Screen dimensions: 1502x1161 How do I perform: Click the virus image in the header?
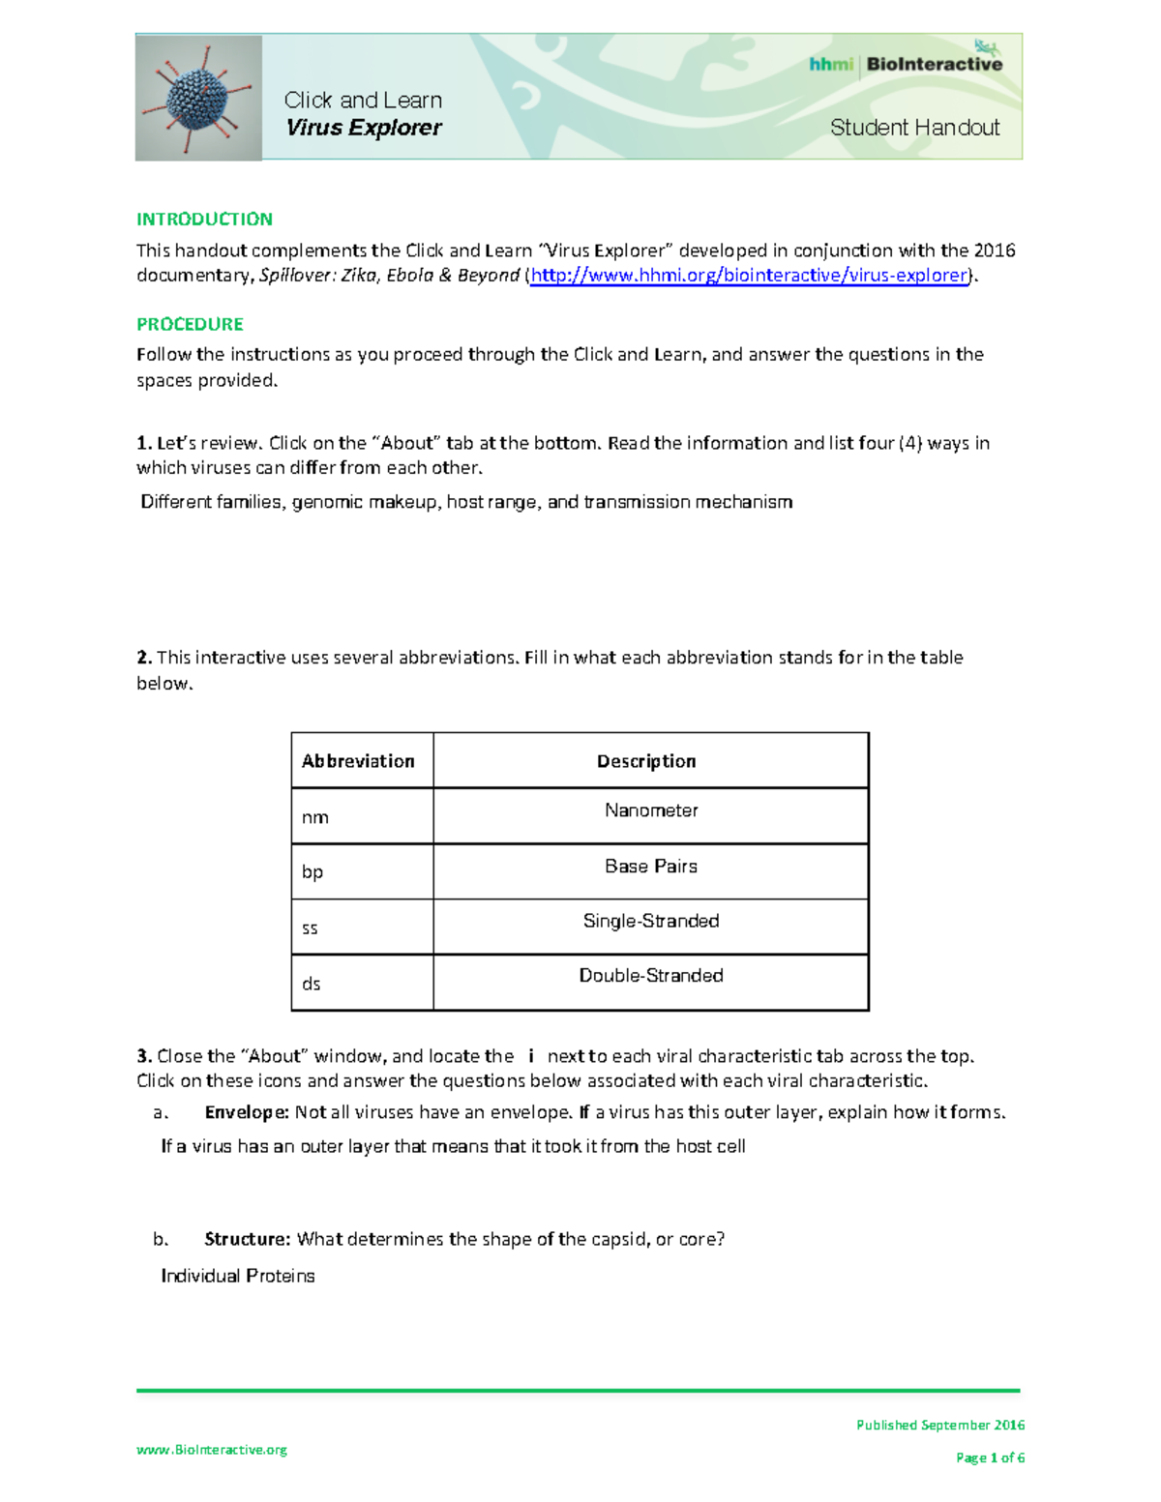point(198,98)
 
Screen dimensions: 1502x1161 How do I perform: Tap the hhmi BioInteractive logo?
point(906,64)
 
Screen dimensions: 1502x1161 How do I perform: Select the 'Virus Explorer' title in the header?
point(364,128)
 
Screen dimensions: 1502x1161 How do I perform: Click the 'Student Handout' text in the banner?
point(914,128)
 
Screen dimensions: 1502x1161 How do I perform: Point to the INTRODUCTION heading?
point(204,219)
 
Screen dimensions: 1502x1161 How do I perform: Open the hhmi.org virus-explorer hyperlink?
point(749,275)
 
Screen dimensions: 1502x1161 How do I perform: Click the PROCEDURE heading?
point(190,324)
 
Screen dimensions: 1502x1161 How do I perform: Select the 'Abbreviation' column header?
point(358,761)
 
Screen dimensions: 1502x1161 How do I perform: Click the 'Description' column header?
point(646,761)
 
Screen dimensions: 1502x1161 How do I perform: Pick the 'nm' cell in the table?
point(315,817)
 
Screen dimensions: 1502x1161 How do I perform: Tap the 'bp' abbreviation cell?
point(313,871)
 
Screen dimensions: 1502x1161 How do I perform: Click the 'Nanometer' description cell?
point(651,810)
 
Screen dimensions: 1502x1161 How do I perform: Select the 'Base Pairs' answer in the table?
point(651,866)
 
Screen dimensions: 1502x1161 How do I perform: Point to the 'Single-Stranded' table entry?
point(651,921)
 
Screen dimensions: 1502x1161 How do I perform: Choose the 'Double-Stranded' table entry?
point(651,975)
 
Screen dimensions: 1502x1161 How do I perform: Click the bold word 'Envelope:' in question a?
point(247,1112)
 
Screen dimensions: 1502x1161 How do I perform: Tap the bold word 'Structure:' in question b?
point(247,1239)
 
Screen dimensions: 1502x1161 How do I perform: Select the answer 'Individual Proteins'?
point(238,1276)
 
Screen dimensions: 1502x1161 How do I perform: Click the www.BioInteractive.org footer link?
point(212,1449)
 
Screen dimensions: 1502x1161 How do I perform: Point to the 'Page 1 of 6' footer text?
point(990,1458)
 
